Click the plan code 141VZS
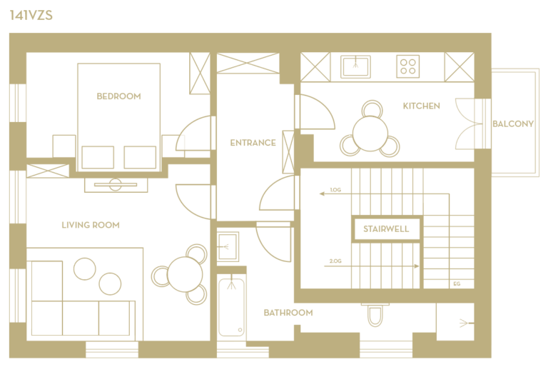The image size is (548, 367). tap(31, 16)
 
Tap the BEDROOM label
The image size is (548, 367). tap(119, 96)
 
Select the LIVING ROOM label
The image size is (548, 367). tap(91, 225)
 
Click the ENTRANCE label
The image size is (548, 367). tap(253, 143)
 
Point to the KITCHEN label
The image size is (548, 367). tap(422, 106)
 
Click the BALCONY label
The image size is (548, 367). tap(513, 124)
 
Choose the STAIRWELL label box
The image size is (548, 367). tap(386, 229)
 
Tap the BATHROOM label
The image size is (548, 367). tap(288, 313)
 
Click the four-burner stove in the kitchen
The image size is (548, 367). tap(408, 66)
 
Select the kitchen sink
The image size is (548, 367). tap(355, 66)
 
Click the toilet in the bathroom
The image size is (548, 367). tap(375, 315)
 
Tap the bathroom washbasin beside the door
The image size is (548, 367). tap(228, 246)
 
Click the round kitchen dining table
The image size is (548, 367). tap(370, 134)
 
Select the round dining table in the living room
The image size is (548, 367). tap(185, 274)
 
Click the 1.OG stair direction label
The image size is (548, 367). tap(335, 190)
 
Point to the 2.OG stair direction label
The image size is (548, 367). tap(335, 261)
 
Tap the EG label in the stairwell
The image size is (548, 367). tap(457, 283)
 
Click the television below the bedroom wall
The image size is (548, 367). tap(116, 185)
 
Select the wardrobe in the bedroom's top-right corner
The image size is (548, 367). tap(200, 74)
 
